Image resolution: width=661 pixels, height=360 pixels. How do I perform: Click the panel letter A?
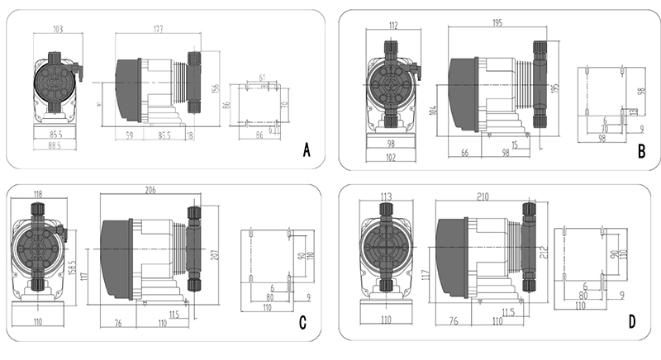[307, 151]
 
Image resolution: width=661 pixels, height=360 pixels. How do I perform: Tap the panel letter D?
[632, 323]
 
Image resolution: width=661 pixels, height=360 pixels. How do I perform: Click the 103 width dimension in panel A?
[58, 29]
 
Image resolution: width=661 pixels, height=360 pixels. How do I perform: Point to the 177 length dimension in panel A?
[157, 29]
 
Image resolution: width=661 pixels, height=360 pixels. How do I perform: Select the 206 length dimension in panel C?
[150, 190]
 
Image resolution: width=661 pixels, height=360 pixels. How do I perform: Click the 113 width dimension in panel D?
[385, 197]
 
